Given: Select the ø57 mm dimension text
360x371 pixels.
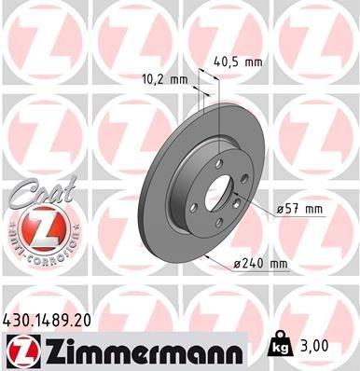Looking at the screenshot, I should tap(302, 211).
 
